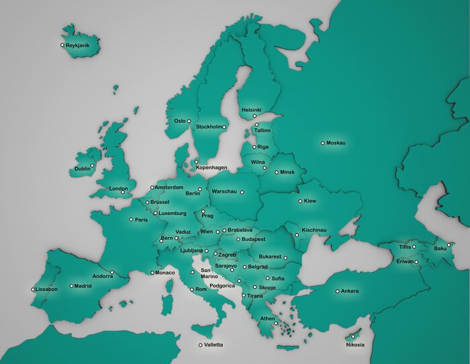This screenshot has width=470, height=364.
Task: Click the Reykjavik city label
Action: pyautogui.click(x=83, y=46)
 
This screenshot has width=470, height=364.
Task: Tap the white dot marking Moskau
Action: pyautogui.click(x=322, y=143)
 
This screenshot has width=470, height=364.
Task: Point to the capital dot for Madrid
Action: pyautogui.click(x=71, y=285)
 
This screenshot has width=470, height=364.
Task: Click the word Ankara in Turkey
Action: pyautogui.click(x=350, y=291)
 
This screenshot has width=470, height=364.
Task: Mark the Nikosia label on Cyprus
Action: pyautogui.click(x=355, y=345)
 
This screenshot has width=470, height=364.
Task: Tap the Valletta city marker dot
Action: pyautogui.click(x=200, y=345)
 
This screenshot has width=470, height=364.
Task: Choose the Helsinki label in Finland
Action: pyautogui.click(x=251, y=109)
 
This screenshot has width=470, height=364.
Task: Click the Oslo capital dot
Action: pyautogui.click(x=189, y=121)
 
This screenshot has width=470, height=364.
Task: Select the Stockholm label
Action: pyautogui.click(x=208, y=127)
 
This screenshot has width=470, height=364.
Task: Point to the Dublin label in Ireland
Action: pyautogui.click(x=83, y=169)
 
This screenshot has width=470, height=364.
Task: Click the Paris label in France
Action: pyautogui.click(x=141, y=220)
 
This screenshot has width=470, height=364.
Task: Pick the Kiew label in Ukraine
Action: pyautogui.click(x=310, y=201)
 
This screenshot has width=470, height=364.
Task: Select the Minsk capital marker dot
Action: pyautogui.click(x=276, y=172)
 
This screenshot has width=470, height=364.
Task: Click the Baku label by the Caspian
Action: pyautogui.click(x=440, y=248)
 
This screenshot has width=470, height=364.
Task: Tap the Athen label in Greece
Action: pyautogui.click(x=268, y=318)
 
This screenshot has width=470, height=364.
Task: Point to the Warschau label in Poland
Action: pyautogui.click(x=224, y=192)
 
